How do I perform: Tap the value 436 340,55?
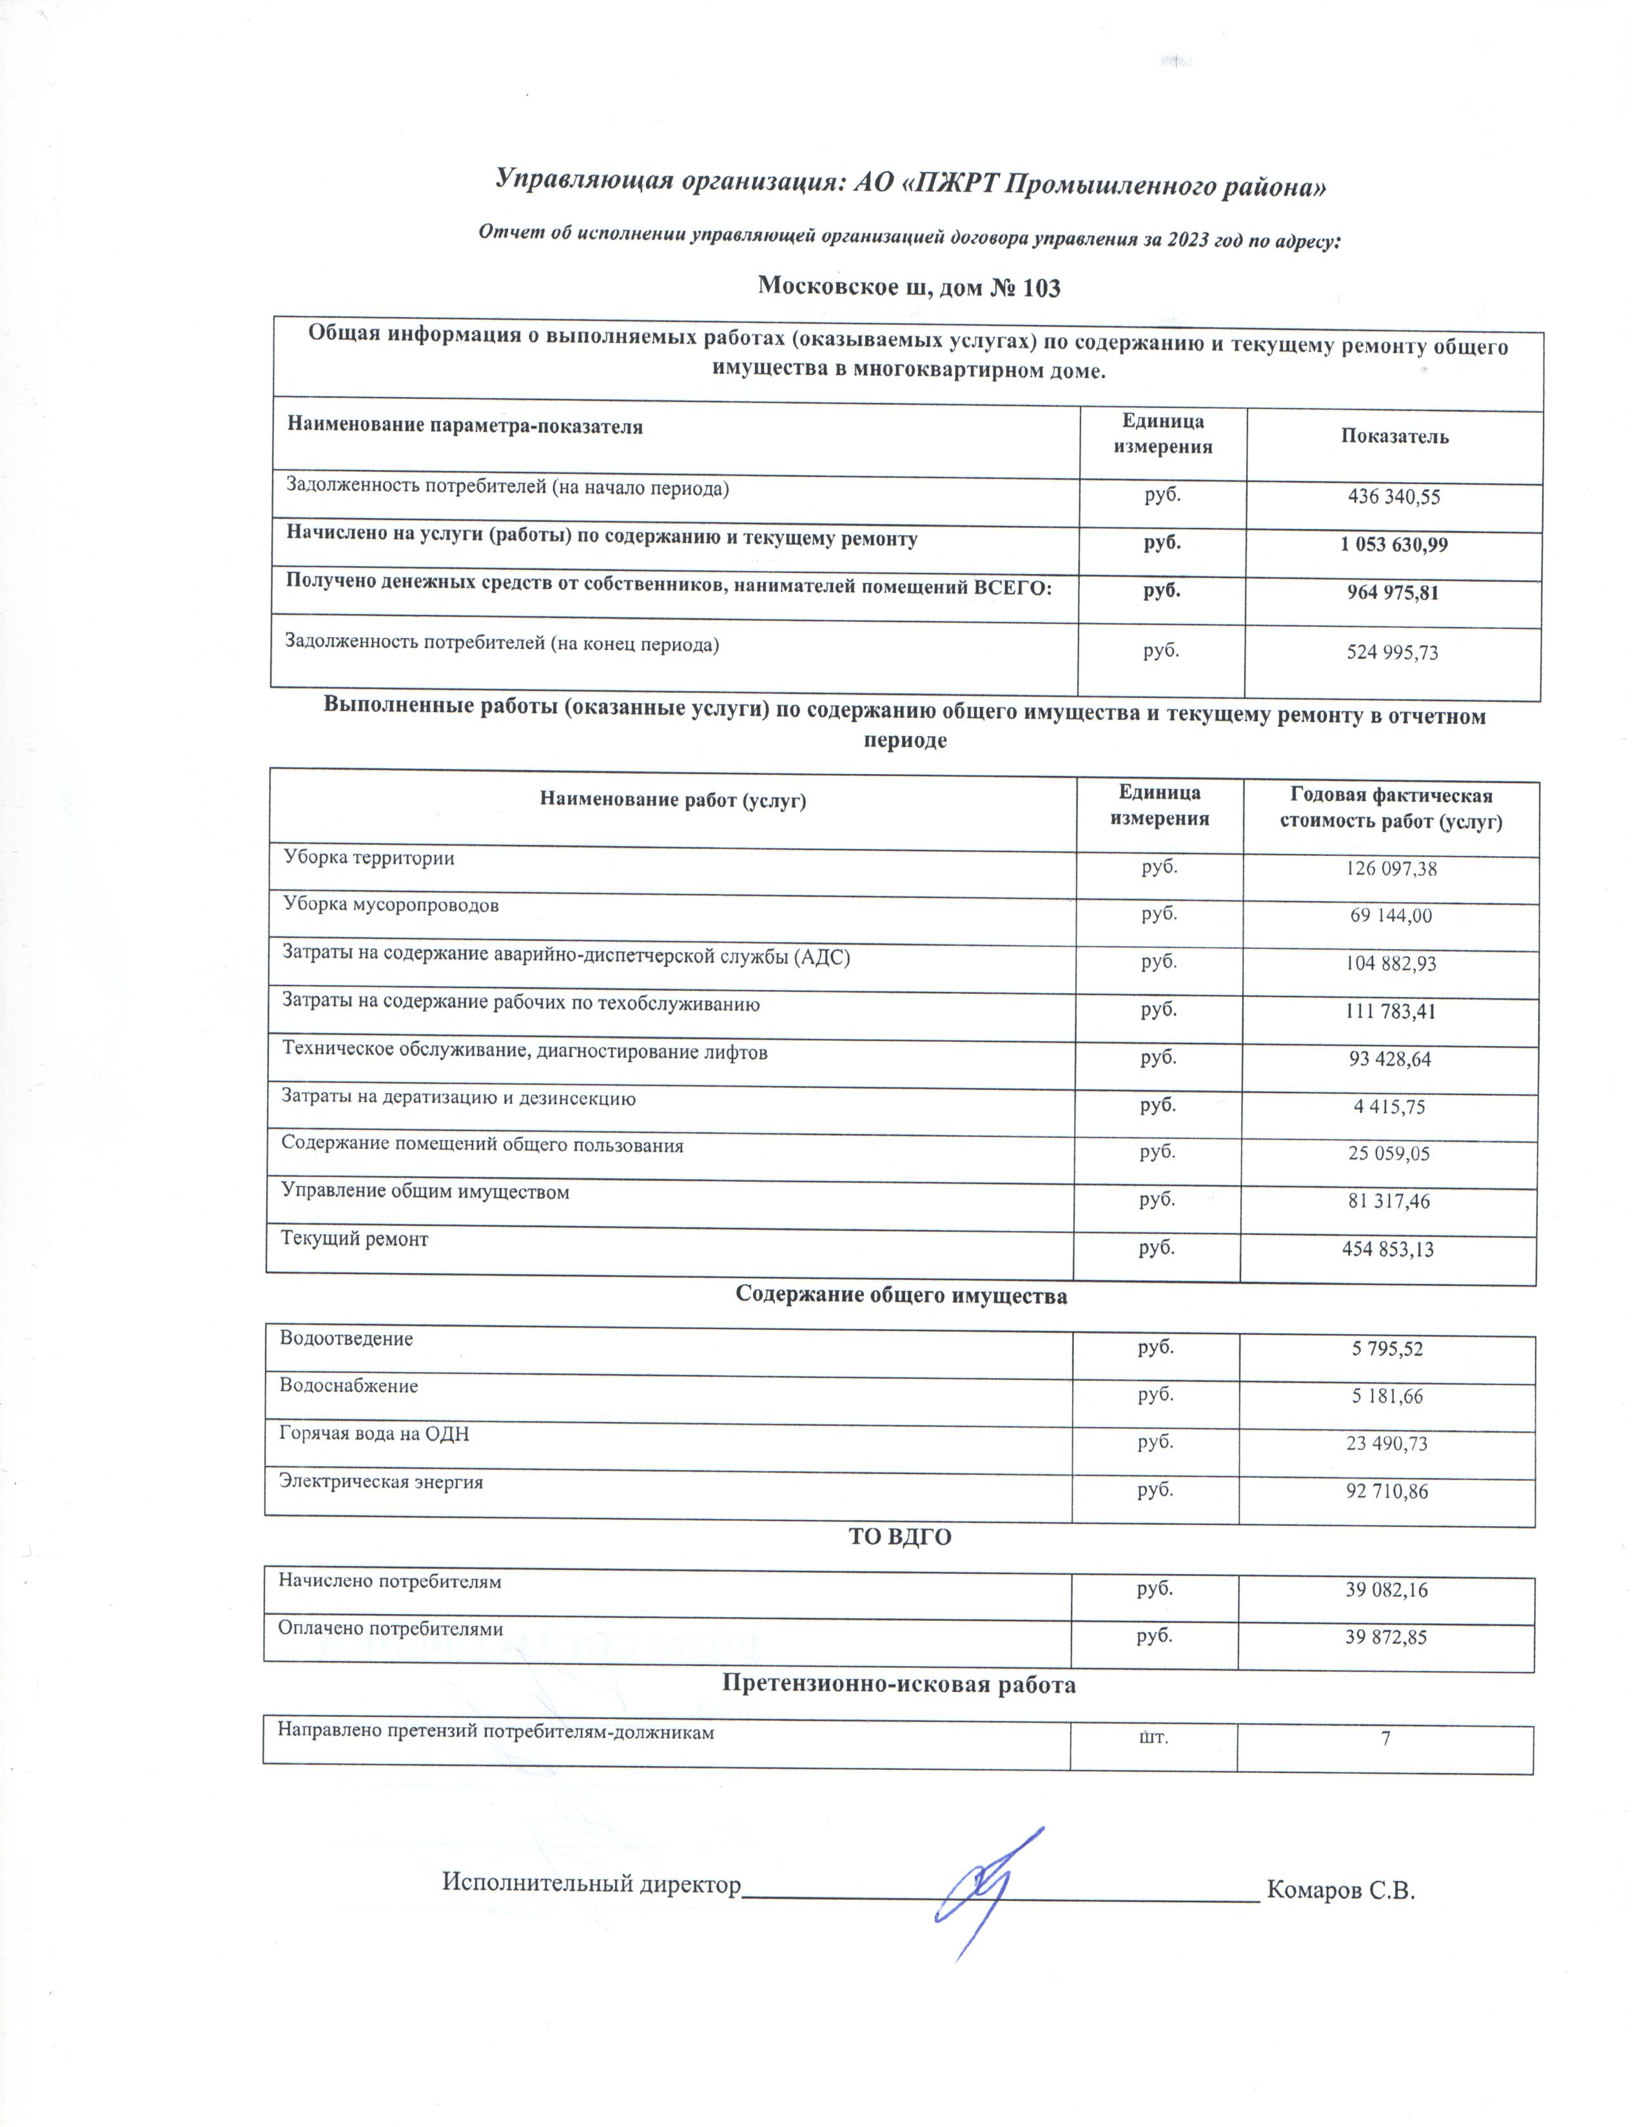[1393, 497]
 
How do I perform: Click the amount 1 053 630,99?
[1393, 545]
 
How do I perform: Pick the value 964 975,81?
[1392, 592]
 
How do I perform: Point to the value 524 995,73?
[1392, 652]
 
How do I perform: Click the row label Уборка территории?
[369, 858]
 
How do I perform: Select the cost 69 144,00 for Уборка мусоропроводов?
[1390, 915]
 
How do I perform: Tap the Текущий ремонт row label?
[355, 1239]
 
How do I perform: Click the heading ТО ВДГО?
[900, 1537]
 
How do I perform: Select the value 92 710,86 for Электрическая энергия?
[1387, 1491]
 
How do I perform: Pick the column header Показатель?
[1394, 436]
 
